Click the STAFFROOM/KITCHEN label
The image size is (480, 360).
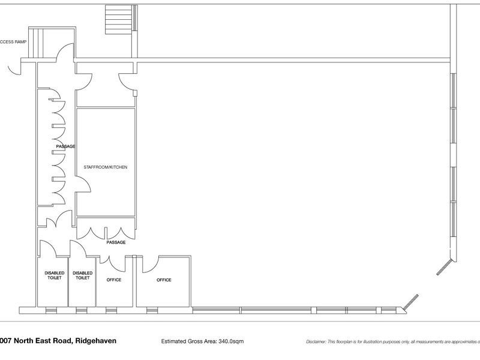tap(106, 167)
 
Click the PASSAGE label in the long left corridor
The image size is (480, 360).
tap(65, 146)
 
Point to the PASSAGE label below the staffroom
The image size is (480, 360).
tap(116, 242)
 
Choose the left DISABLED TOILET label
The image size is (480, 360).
tap(54, 275)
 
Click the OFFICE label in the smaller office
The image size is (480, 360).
tap(114, 280)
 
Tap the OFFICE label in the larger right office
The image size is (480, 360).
tap(164, 280)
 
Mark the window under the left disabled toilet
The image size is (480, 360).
tap(52, 310)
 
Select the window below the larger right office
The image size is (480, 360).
tap(153, 310)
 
